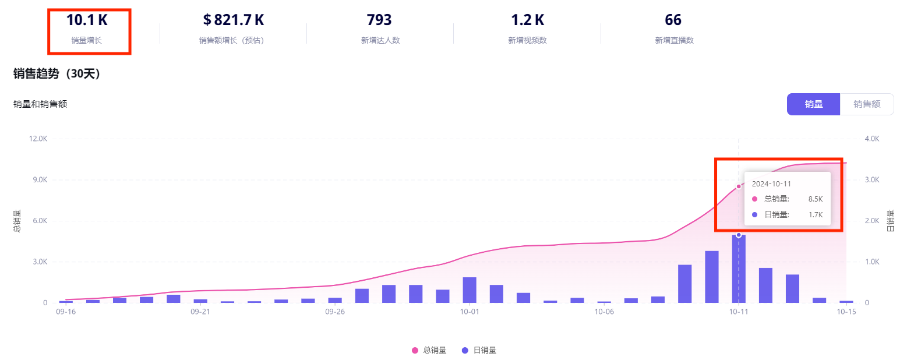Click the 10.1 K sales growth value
(x=87, y=20)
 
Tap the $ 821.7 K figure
(x=234, y=20)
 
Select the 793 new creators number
(x=379, y=20)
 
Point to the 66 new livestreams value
(x=673, y=20)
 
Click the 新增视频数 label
(x=527, y=40)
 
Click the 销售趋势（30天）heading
(x=57, y=74)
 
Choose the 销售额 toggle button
(x=866, y=104)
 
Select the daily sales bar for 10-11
(x=739, y=269)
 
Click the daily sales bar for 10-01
(x=470, y=290)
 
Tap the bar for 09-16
(x=66, y=301)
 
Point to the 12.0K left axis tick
(x=37, y=139)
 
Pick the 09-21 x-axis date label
(x=200, y=312)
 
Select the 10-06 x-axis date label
(x=604, y=312)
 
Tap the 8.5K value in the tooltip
(x=815, y=199)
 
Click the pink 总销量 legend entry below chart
(x=429, y=350)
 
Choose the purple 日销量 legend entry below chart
(x=479, y=350)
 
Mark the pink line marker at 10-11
(x=739, y=186)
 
